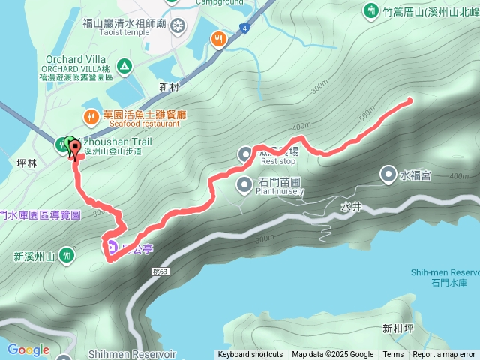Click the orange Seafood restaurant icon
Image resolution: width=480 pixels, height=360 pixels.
pyautogui.click(x=91, y=116)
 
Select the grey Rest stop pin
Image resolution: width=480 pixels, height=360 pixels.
pyautogui.click(x=245, y=154)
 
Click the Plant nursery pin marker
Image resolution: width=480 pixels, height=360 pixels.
pyautogui.click(x=244, y=184)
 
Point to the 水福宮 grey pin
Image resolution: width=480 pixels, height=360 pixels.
pyautogui.click(x=388, y=175)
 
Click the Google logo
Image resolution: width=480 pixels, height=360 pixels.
pyautogui.click(x=28, y=349)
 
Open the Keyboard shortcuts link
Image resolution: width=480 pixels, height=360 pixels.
pyautogui.click(x=250, y=355)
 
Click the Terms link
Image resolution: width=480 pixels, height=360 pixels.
pyautogui.click(x=393, y=355)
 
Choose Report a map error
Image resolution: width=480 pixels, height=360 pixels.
pyautogui.click(x=444, y=355)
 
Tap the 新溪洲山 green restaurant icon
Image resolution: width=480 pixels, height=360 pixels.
pyautogui.click(x=67, y=256)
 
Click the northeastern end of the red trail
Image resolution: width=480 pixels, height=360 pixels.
pyautogui.click(x=409, y=99)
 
